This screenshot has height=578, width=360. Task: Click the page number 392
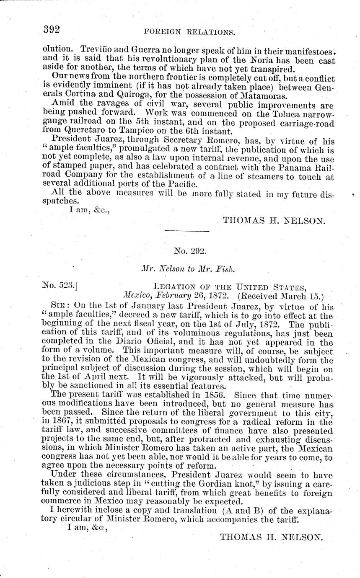[52, 29]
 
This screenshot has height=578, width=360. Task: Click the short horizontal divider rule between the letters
[186, 231]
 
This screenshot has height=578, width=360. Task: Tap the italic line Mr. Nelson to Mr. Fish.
[187, 271]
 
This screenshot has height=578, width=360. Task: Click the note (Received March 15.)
[279, 297]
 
